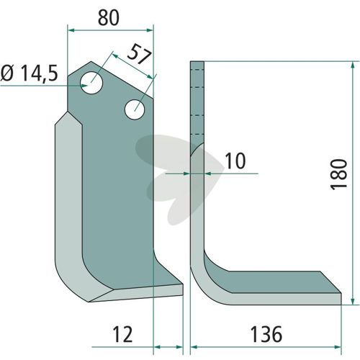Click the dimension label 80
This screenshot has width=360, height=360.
point(109,18)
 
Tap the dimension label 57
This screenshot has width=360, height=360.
point(140,55)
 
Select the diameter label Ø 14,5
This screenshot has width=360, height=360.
point(30,73)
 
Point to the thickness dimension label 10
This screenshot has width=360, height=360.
point(235,161)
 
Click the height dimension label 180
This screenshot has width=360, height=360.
point(339,174)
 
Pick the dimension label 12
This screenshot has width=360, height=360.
point(122,334)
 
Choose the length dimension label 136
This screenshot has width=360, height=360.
point(266,334)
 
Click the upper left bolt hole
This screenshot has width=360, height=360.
point(91,83)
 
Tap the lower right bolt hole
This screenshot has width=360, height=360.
point(135,109)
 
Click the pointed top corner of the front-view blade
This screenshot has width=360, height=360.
point(91,61)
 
